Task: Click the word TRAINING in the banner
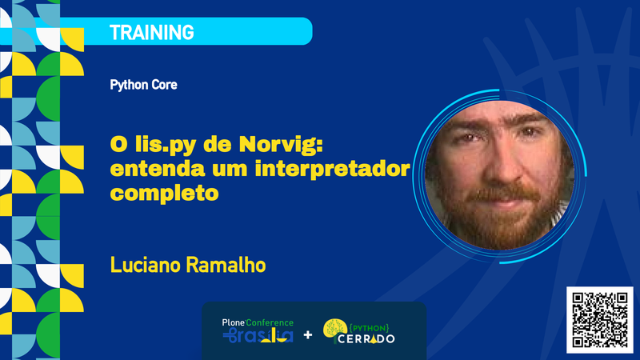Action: pos(152,33)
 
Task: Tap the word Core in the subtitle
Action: pos(163,84)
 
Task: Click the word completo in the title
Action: pos(165,194)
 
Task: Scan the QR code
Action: pos(599,318)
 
